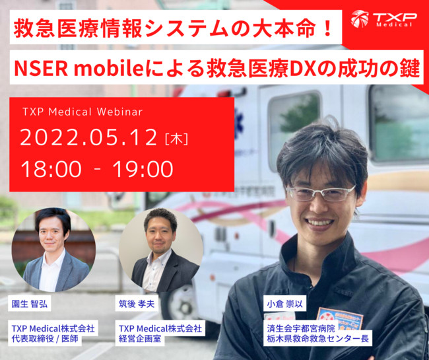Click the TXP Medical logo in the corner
pyautogui.click(x=383, y=19)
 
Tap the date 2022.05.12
pyautogui.click(x=88, y=137)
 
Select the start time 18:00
pyautogui.click(x=51, y=169)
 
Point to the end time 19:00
pyautogui.click(x=143, y=169)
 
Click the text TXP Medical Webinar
pyautogui.click(x=82, y=112)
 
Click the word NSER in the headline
pyautogui.click(x=41, y=68)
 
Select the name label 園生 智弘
pyautogui.click(x=30, y=304)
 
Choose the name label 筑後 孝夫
pyautogui.click(x=137, y=304)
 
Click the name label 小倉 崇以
pyautogui.click(x=285, y=305)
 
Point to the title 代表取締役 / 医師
pyautogui.click(x=45, y=339)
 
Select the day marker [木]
pyautogui.click(x=177, y=139)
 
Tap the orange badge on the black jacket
pyautogui.click(x=339, y=319)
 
